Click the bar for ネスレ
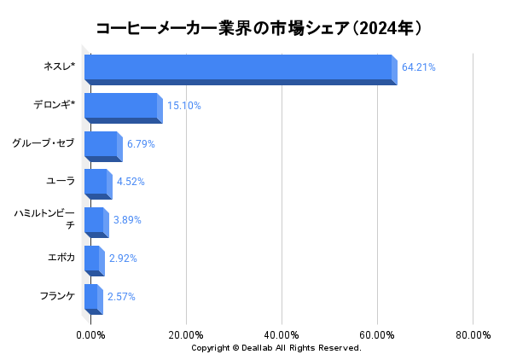coord(239,68)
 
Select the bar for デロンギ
coord(121,107)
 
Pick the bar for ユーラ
coord(96,183)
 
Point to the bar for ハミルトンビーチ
coord(94,221)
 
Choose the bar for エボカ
coord(92,259)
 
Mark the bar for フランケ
coord(91,298)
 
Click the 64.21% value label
coord(419,67)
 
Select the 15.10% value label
coord(183,106)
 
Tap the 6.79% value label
coord(141,144)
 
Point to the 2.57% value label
coord(121,297)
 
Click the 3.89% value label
coord(127,220)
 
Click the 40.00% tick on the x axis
coord(282,334)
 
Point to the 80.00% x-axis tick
coord(473,334)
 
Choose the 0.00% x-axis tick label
coord(91,334)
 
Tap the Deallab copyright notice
coord(276,348)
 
